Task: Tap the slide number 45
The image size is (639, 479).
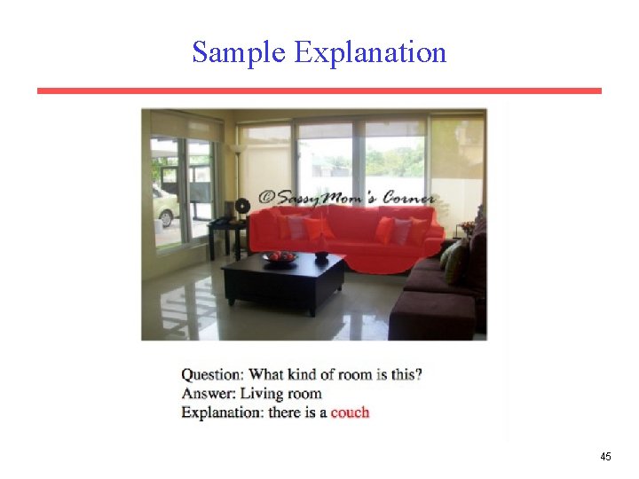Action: point(605,457)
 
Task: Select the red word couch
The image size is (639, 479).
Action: point(350,412)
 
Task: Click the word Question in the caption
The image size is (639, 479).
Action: point(211,374)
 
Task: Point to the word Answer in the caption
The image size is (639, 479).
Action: point(206,393)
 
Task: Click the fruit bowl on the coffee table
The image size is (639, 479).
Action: point(280,257)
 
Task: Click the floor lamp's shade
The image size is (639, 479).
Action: point(237,149)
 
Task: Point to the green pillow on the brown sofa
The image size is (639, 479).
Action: point(454,261)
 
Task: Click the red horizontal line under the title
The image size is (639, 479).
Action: point(319,90)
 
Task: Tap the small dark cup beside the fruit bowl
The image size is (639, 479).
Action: point(321,255)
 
